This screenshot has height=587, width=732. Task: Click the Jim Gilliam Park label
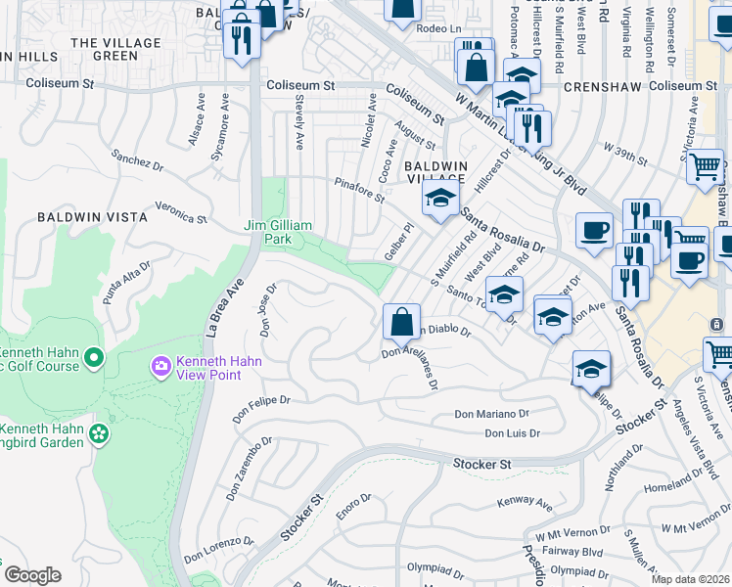click(278, 232)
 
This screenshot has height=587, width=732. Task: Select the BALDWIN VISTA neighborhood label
click(84, 215)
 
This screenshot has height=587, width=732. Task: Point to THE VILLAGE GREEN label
click(116, 50)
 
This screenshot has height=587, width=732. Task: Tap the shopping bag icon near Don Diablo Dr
click(401, 321)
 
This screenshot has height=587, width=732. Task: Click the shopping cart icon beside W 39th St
click(705, 167)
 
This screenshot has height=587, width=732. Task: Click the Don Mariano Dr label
click(491, 415)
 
